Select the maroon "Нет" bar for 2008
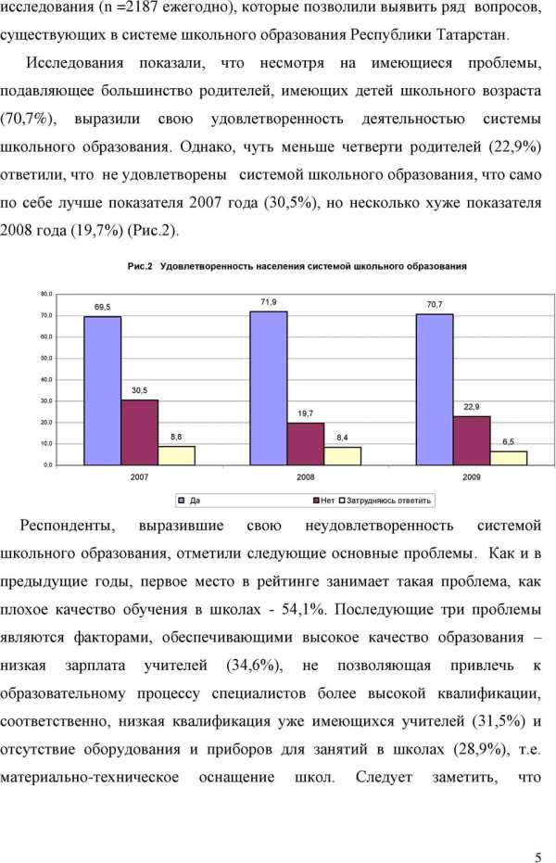point(305,443)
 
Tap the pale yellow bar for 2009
point(509,457)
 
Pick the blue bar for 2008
point(268,387)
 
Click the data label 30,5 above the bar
point(139,390)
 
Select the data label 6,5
point(508,442)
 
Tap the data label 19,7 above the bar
point(305,413)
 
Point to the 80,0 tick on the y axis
point(46,294)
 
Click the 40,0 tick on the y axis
point(46,379)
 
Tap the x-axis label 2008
point(305,476)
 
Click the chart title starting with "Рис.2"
point(297,266)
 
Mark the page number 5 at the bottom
point(538,831)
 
